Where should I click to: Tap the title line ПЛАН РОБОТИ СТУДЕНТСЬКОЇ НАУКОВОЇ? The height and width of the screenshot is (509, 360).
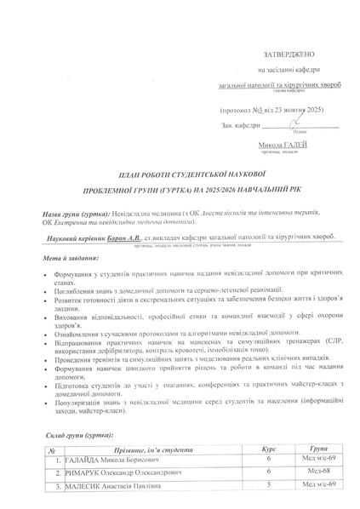(180, 173)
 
